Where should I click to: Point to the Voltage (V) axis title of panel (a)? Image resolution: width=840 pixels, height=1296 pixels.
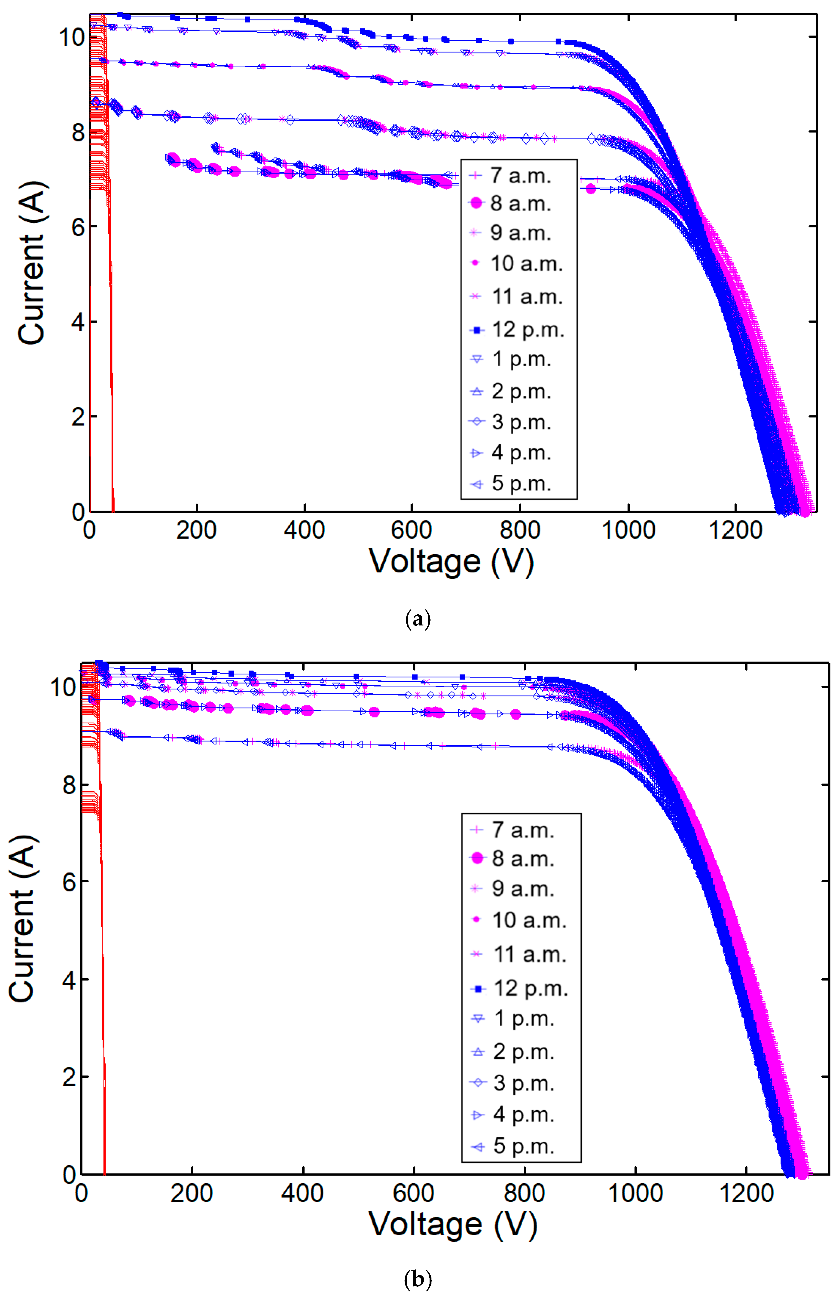coord(451,562)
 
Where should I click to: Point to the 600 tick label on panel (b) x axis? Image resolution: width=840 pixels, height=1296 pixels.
coord(414,1193)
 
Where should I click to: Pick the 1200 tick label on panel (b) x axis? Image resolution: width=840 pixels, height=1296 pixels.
coord(746,1193)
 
